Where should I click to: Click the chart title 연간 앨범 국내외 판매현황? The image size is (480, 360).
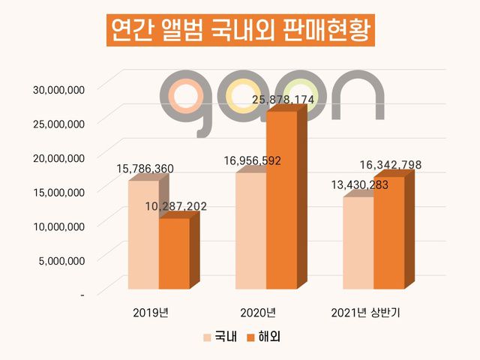point(239,31)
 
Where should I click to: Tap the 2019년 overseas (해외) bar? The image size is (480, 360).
point(174,253)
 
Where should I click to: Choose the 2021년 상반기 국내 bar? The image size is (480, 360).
point(358,243)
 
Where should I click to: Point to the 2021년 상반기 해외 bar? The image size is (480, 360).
point(389,232)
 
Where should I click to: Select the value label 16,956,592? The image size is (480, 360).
point(253,160)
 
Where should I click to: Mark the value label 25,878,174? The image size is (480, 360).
point(283,99)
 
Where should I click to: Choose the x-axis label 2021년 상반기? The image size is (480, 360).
point(366,312)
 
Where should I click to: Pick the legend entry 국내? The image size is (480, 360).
point(220,337)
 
